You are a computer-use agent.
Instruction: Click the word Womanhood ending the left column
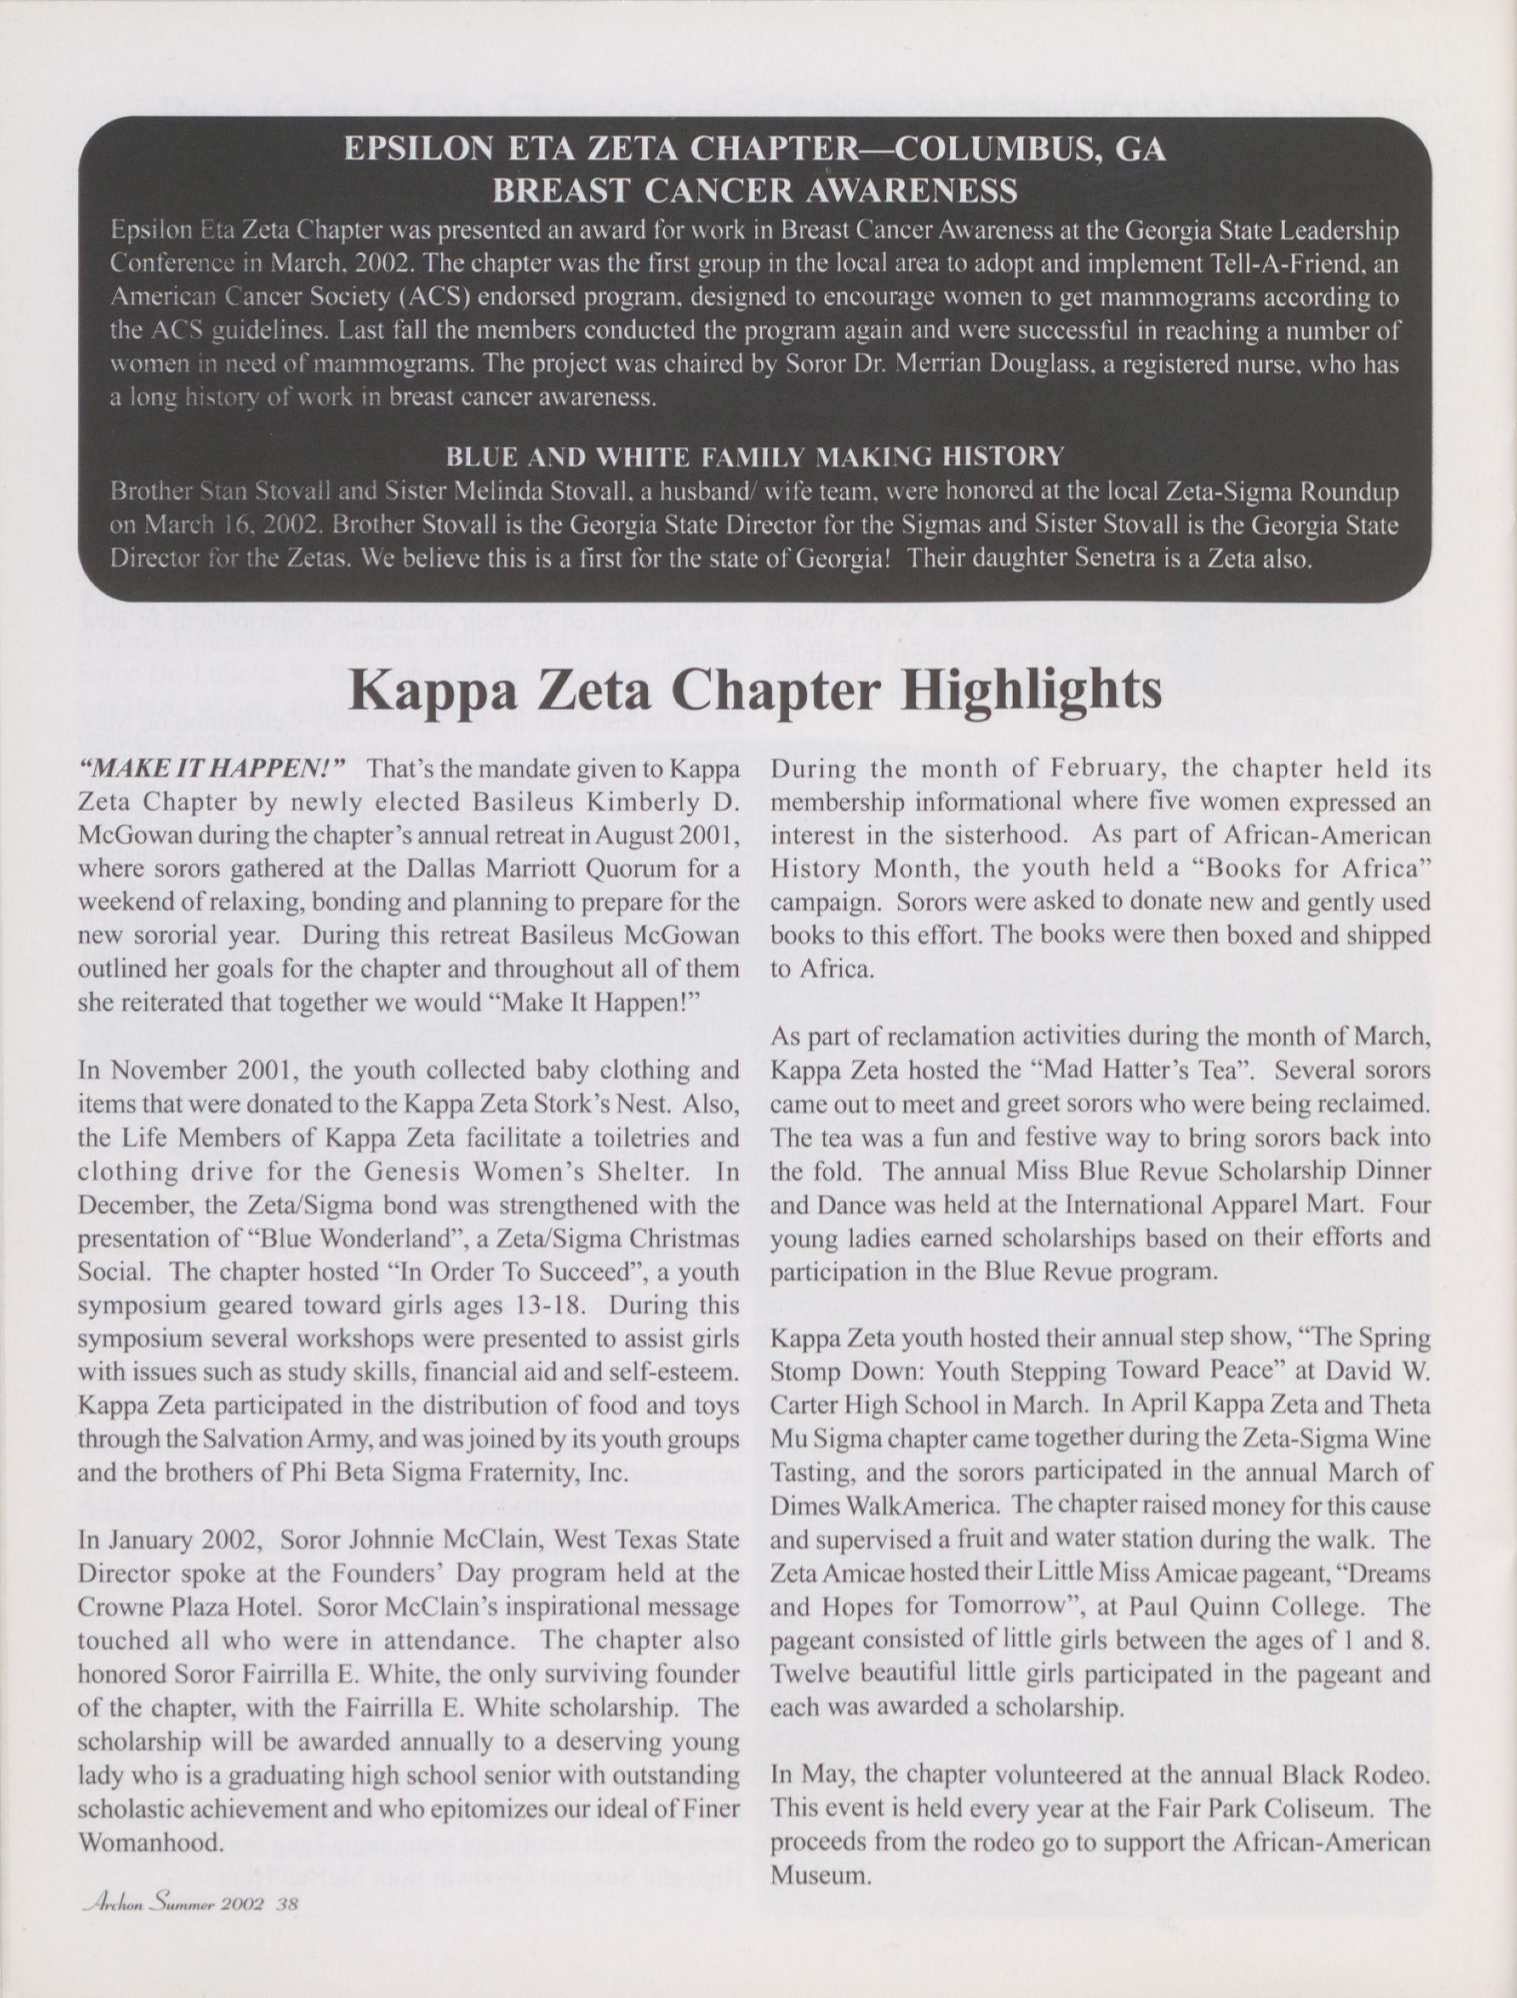pos(150,1843)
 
